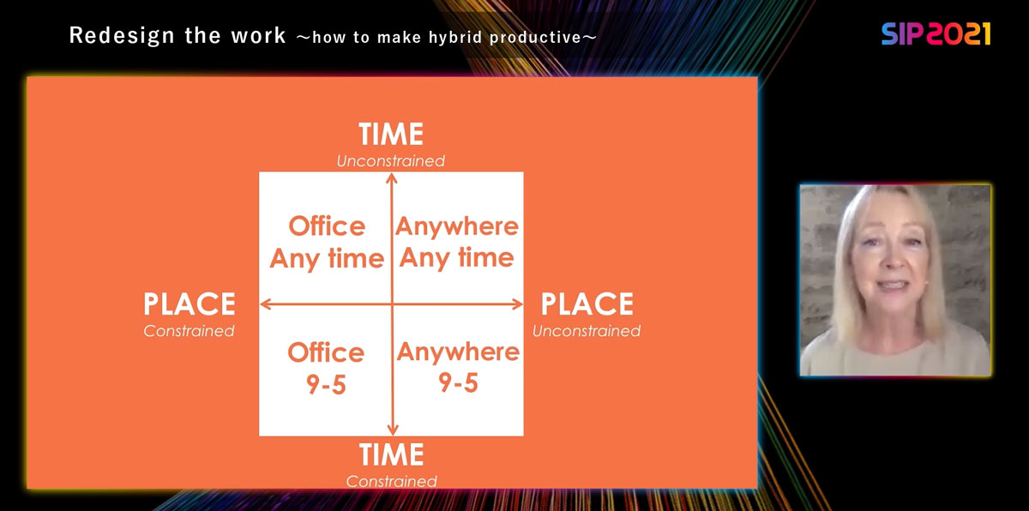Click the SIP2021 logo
click(x=936, y=34)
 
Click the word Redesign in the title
click(x=122, y=36)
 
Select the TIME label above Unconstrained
click(x=391, y=134)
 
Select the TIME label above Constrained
click(x=391, y=454)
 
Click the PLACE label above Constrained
click(x=190, y=304)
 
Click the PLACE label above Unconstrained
click(x=587, y=304)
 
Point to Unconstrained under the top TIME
click(x=390, y=160)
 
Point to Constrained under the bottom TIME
click(x=391, y=481)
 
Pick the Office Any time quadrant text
click(x=327, y=243)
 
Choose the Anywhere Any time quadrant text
click(x=457, y=242)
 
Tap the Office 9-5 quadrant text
click(x=326, y=368)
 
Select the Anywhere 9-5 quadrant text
click(x=458, y=367)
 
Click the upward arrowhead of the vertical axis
click(x=391, y=177)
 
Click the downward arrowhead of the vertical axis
click(x=393, y=430)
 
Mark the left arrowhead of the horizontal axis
click(x=265, y=304)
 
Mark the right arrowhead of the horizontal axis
click(x=518, y=304)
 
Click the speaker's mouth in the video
click(x=891, y=286)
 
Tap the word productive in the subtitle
click(x=535, y=37)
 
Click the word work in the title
click(x=259, y=36)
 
